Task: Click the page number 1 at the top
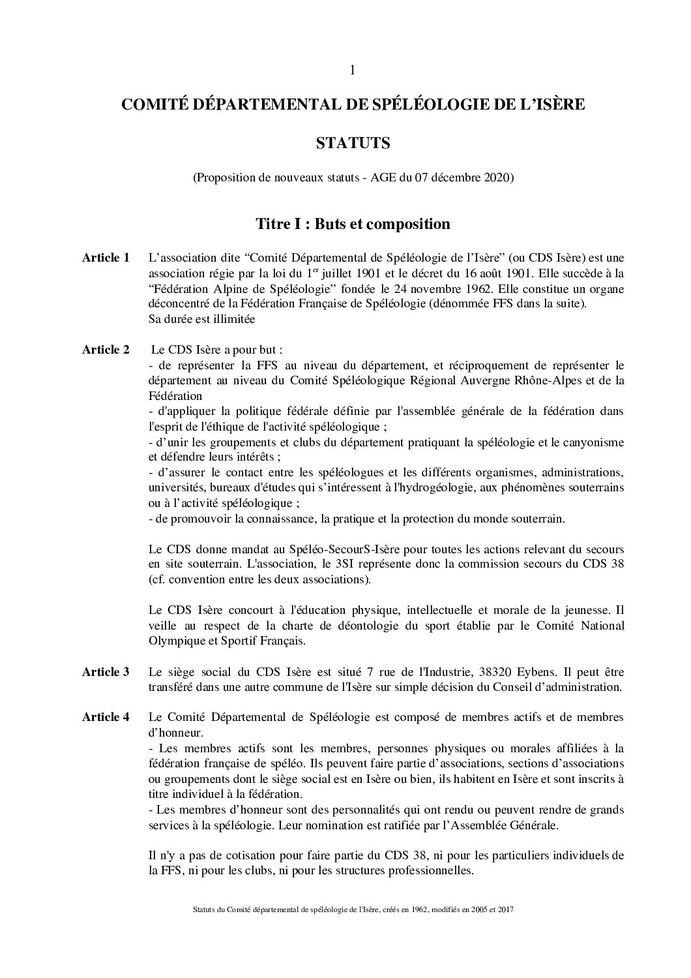click(x=353, y=70)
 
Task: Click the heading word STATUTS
click(x=353, y=143)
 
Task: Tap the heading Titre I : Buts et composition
click(x=353, y=224)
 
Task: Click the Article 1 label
click(x=106, y=258)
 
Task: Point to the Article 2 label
click(x=106, y=350)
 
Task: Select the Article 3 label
click(x=106, y=672)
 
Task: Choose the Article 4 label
click(x=106, y=718)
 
